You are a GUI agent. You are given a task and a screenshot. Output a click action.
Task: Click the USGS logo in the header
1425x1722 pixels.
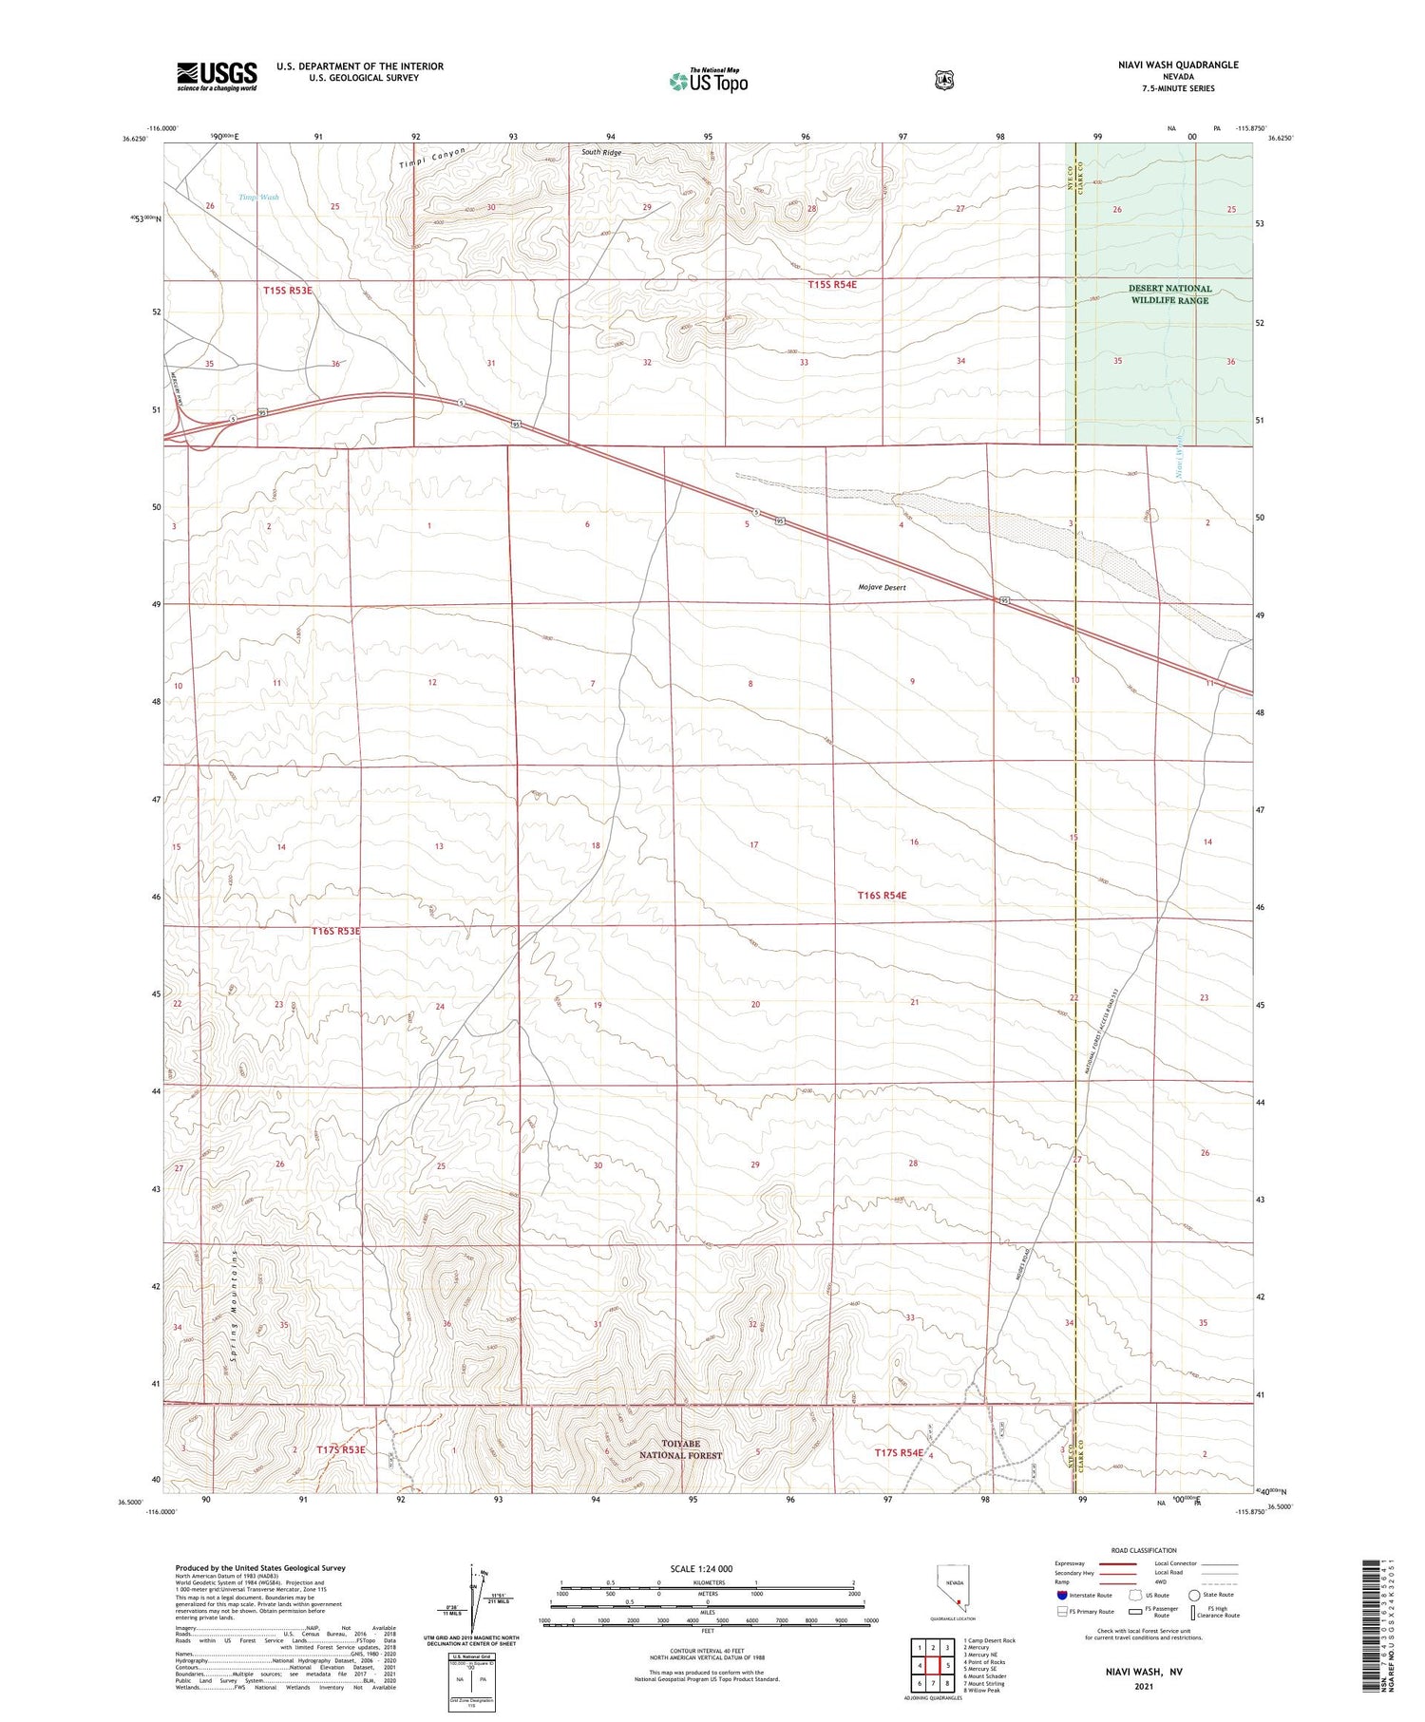[217, 76]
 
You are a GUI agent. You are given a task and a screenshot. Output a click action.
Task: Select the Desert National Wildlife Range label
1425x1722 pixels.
[1169, 294]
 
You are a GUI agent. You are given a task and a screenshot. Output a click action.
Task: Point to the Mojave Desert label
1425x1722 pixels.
[882, 588]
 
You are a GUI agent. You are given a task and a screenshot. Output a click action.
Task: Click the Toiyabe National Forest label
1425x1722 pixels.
[679, 1449]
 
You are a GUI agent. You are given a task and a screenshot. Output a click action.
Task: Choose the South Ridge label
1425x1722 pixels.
[601, 153]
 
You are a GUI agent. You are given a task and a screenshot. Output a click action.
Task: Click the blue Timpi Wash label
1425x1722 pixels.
[258, 198]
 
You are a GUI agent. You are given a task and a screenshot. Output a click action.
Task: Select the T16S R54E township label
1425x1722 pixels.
[883, 896]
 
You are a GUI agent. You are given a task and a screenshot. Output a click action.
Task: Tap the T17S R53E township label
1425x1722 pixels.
[341, 1450]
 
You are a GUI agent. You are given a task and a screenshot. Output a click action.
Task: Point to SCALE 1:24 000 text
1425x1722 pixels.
[701, 1569]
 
